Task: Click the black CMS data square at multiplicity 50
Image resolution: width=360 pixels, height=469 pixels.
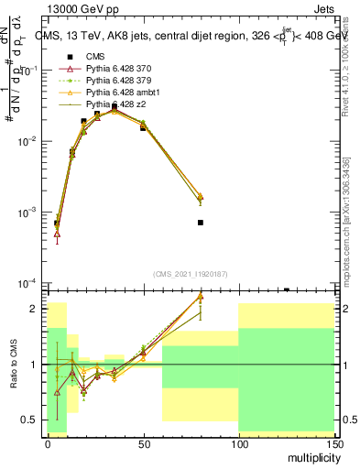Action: coord(143,127)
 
